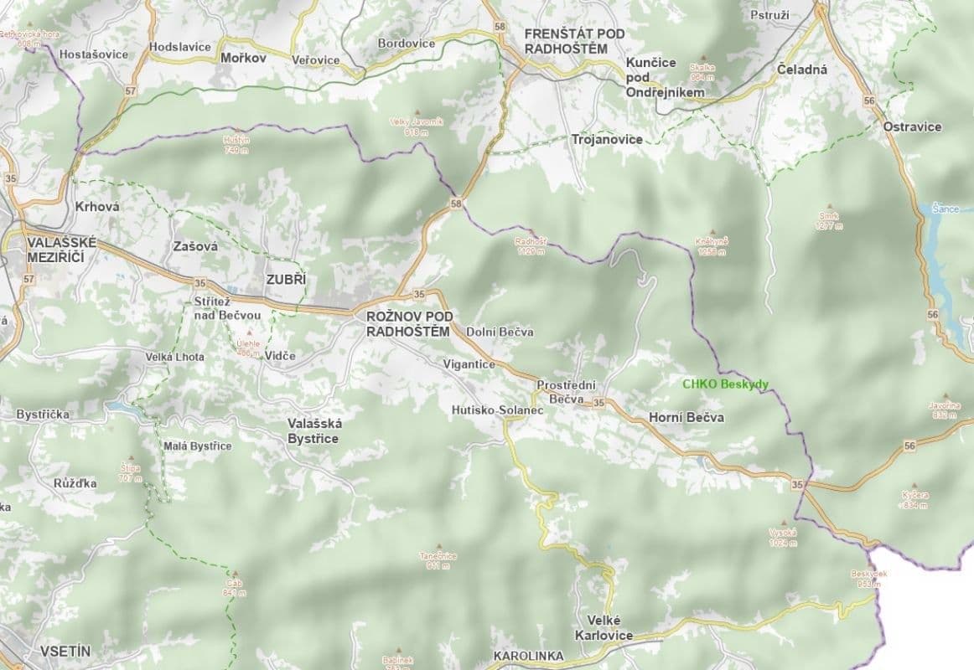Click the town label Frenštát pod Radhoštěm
(x=565, y=41)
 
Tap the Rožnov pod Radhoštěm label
(x=410, y=323)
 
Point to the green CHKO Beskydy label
(x=725, y=384)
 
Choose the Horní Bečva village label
(x=686, y=417)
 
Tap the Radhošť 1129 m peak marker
(x=531, y=233)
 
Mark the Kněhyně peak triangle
(x=712, y=232)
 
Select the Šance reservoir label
(x=945, y=208)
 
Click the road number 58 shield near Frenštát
(x=501, y=27)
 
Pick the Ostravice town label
(x=912, y=127)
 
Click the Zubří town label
(x=286, y=280)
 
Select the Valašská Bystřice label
(x=313, y=431)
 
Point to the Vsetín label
(x=65, y=651)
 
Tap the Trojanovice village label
(x=606, y=140)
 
